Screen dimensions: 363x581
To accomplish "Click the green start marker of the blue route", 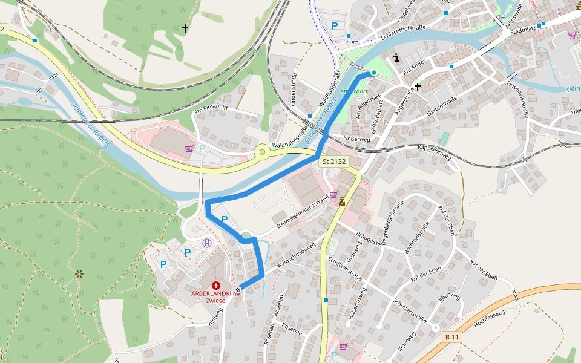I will click(373, 73).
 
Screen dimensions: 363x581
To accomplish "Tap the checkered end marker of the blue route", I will click(238, 290).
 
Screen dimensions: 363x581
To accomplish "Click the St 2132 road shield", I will click(333, 162).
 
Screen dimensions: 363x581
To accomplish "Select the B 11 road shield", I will click(451, 336).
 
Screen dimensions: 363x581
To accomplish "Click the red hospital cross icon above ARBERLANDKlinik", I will click(216, 285).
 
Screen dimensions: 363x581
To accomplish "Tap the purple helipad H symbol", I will click(208, 243).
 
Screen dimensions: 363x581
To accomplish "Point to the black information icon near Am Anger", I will click(396, 58).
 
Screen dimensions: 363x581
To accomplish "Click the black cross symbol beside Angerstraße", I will click(418, 87).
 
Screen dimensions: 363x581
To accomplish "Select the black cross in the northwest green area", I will click(185, 28).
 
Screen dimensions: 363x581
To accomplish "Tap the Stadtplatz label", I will click(523, 30).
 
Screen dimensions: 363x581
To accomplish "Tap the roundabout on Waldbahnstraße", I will click(263, 152).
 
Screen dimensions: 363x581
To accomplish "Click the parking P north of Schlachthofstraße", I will click(335, 26).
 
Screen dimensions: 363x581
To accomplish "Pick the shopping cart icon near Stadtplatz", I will click(572, 35).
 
